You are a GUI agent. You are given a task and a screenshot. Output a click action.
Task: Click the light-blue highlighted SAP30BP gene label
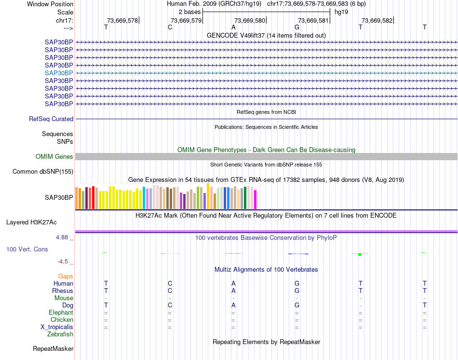pyautogui.click(x=59, y=73)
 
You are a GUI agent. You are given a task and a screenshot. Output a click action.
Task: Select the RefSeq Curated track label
pyautogui.click(x=51, y=119)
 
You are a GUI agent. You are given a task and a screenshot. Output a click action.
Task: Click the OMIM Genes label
pyautogui.click(x=54, y=157)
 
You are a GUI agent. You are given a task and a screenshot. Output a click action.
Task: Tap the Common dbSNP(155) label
pyautogui.click(x=43, y=172)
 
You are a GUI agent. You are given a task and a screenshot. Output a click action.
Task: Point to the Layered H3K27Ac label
pyautogui.click(x=31, y=222)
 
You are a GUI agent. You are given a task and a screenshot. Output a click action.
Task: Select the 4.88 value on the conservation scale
pyautogui.click(x=63, y=237)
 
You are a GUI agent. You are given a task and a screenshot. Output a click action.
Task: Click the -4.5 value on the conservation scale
pyautogui.click(x=63, y=262)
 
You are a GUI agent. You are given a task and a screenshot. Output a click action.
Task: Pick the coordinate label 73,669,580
pyautogui.click(x=250, y=20)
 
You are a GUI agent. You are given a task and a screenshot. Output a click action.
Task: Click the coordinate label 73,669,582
pyautogui.click(x=377, y=20)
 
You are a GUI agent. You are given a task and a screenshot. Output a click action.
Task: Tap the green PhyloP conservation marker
pyautogui.click(x=360, y=254)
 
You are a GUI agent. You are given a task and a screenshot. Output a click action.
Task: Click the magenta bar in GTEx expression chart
pyautogui.click(x=256, y=199)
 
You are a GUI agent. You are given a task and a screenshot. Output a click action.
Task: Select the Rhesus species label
pyautogui.click(x=63, y=291)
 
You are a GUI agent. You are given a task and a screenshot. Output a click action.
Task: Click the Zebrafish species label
pyautogui.click(x=60, y=334)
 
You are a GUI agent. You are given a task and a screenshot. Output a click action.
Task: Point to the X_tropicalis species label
pyautogui.click(x=57, y=327)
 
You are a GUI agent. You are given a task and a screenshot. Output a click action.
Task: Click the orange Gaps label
pyautogui.click(x=66, y=277)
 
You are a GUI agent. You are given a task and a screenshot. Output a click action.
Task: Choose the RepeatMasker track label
pyautogui.click(x=53, y=348)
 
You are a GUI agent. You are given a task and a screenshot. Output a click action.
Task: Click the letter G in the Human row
pyautogui.click(x=297, y=283)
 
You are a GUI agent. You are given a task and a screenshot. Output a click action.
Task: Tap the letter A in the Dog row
pyautogui.click(x=233, y=305)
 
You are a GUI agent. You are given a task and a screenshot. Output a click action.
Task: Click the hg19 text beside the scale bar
pyautogui.click(x=341, y=11)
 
